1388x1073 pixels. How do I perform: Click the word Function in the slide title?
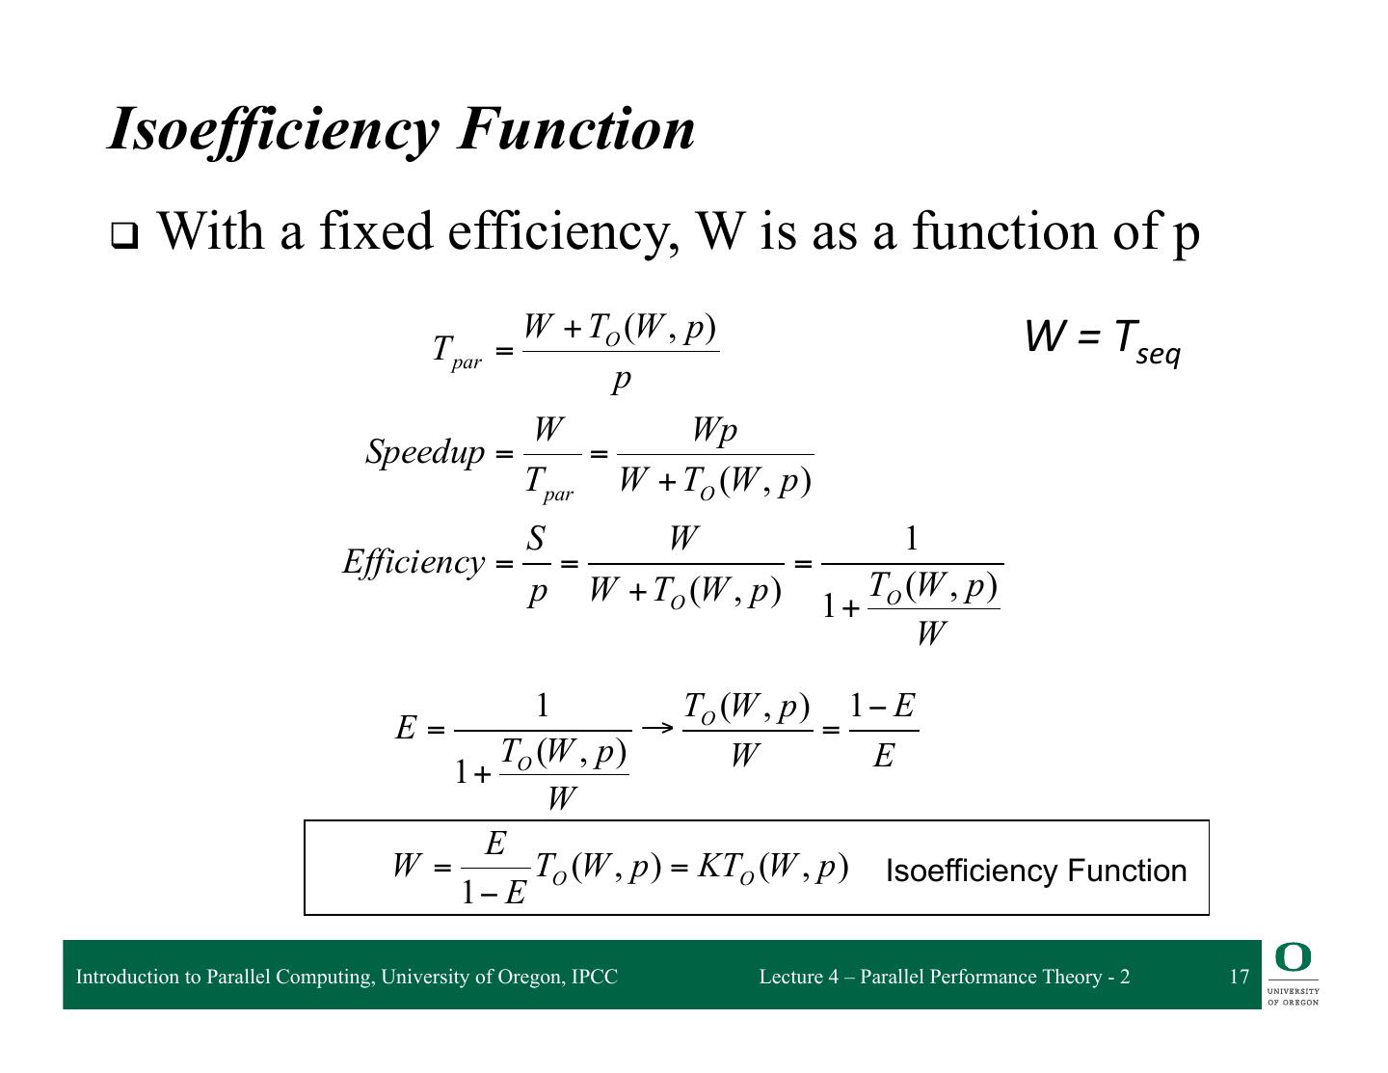pos(576,128)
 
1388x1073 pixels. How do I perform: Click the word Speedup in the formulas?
pos(424,451)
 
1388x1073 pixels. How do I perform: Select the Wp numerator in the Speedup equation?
pos(714,431)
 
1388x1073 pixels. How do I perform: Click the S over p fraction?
pos(537,564)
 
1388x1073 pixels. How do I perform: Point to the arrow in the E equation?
pos(656,727)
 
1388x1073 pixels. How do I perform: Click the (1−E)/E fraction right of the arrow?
pos(883,731)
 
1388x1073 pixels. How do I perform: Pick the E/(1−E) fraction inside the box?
pos(494,869)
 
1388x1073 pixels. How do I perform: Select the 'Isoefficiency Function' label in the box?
pos(1035,871)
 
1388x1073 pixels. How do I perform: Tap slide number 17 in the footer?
pos(1239,977)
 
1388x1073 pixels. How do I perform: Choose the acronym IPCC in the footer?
pos(595,977)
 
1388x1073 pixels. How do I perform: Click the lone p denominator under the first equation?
pos(622,379)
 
